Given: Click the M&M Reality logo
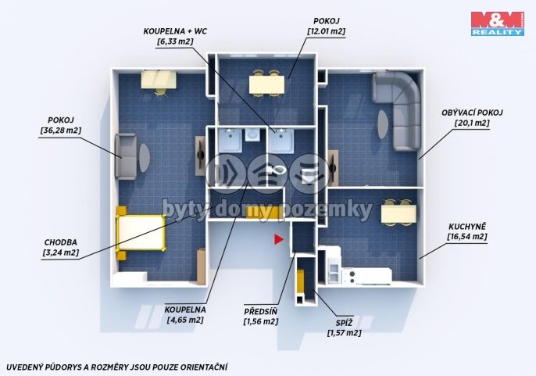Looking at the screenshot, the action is click(498, 23).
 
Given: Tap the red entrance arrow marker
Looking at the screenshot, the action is click(279, 239).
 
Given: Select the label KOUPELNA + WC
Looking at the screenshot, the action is click(175, 31).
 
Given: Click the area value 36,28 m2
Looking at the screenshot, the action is click(61, 131).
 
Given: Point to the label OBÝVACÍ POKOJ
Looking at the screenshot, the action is click(472, 113).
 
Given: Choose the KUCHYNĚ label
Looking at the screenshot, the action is click(467, 227).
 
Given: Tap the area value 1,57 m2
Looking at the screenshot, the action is click(345, 333).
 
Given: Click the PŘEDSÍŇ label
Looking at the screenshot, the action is click(260, 311).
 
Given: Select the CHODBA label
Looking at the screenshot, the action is click(60, 242).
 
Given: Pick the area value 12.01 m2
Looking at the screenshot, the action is click(326, 31).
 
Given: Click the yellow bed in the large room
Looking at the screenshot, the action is click(140, 233).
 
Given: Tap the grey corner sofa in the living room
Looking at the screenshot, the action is click(397, 109).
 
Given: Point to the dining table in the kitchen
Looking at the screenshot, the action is click(398, 213).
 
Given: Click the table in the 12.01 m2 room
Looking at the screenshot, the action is click(266, 84).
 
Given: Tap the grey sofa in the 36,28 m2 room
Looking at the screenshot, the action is click(126, 156).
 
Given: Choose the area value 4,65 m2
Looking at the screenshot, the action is click(185, 320).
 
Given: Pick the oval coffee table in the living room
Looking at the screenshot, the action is click(383, 124).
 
